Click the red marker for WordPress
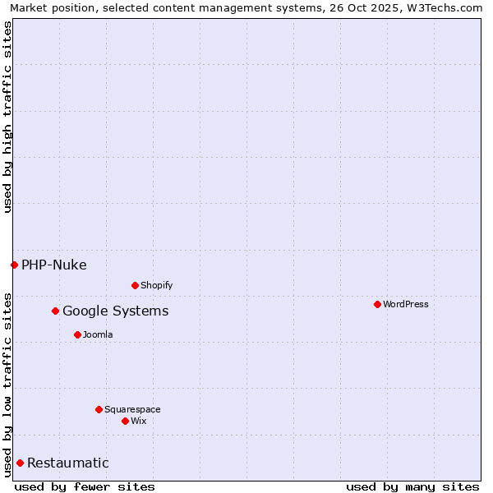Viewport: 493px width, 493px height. [x=377, y=304]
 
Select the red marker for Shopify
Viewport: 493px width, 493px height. [x=135, y=285]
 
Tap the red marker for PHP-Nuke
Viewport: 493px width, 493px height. [x=14, y=265]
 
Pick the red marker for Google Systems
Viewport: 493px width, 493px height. [x=55, y=311]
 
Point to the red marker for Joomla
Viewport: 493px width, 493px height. [x=77, y=334]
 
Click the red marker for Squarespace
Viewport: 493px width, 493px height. [x=99, y=409]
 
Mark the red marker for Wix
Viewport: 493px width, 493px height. [x=125, y=421]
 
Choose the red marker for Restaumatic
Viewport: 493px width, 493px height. [x=20, y=463]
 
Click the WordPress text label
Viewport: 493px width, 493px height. [x=406, y=304]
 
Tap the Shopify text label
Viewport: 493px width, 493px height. [x=156, y=285]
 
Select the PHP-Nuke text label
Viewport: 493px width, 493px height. [x=53, y=265]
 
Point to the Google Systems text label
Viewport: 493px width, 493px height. [x=115, y=311]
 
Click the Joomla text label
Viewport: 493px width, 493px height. [x=98, y=334]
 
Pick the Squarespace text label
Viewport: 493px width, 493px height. [x=132, y=409]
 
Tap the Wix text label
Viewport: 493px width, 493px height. [x=139, y=421]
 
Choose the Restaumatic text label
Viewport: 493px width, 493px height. [x=67, y=463]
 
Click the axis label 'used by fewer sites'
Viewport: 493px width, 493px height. [x=85, y=486]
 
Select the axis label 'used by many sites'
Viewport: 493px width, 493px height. [x=412, y=486]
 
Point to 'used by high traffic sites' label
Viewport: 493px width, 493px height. [x=7, y=117]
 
